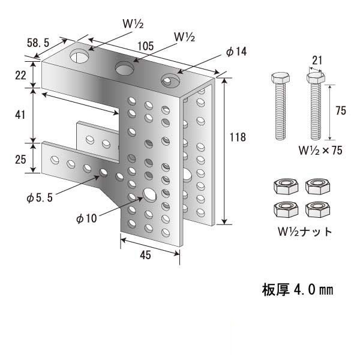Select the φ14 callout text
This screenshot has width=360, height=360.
tap(236, 52)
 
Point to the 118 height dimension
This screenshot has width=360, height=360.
tap(238, 137)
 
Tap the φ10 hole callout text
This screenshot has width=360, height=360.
tap(86, 219)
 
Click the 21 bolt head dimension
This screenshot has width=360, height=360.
tap(316, 60)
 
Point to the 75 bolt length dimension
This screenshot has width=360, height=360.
tap(340, 110)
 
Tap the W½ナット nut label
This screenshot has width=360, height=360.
tap(304, 231)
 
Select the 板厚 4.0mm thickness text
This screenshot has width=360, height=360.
tap(297, 290)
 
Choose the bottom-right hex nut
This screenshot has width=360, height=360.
tap(316, 208)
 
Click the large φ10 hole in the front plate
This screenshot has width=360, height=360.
tap(148, 194)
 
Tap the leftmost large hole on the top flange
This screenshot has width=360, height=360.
tap(79, 56)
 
